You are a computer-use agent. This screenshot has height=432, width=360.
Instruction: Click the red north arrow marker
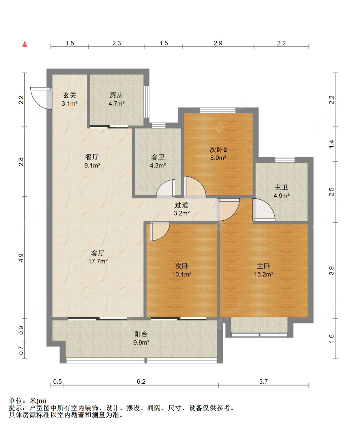25,44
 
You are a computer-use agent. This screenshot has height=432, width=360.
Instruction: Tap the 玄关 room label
69,95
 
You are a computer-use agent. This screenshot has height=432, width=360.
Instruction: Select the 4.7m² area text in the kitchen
116,103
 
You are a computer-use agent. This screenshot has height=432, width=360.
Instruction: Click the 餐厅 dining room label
92,157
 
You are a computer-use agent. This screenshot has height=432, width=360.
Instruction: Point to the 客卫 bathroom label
158,157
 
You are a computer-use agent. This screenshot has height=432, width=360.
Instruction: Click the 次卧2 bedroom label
218,150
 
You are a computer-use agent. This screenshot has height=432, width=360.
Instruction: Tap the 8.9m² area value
218,158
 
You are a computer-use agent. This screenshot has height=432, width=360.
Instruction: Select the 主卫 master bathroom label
281,187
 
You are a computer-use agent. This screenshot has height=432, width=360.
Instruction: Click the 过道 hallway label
181,205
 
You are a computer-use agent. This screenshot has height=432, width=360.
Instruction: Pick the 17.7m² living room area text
98,261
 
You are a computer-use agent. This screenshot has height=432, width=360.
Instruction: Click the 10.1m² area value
181,274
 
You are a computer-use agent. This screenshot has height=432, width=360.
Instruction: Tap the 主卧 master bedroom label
263,266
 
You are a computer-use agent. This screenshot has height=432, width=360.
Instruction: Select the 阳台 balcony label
141,334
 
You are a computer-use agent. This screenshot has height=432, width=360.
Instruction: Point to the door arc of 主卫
263,210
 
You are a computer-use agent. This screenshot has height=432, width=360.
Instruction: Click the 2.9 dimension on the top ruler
218,43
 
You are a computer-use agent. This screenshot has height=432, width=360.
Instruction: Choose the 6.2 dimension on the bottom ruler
141,381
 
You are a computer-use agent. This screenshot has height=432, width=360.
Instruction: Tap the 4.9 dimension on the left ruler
21,258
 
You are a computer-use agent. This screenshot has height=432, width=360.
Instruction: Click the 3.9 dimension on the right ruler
332,271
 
